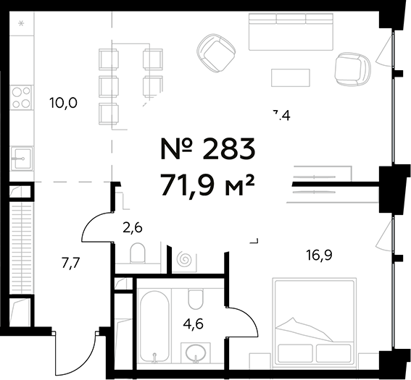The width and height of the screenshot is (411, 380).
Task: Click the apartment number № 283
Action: pyautogui.click(x=207, y=150)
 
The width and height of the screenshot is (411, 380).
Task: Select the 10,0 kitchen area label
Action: pyautogui.click(x=63, y=103)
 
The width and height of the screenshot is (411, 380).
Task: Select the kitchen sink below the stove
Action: pyautogui.click(x=21, y=156)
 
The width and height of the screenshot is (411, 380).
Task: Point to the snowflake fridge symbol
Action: pyautogui.click(x=21, y=25)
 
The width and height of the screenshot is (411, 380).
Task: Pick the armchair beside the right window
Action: pyautogui.click(x=354, y=68)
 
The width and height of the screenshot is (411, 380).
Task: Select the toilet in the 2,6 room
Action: pyautogui.click(x=138, y=253)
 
